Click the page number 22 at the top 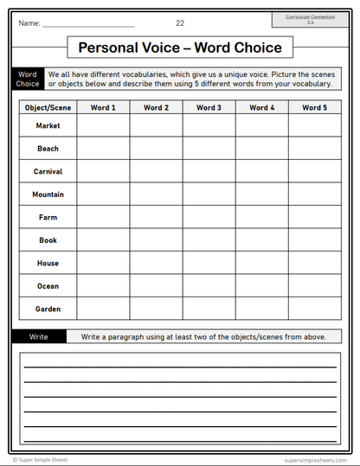tap(180, 22)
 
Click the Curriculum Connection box tap(310, 19)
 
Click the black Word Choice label tap(28, 80)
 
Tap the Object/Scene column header tap(48, 108)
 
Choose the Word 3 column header tap(209, 108)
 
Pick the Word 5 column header tap(314, 108)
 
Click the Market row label tap(48, 125)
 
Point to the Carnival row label tap(48, 171)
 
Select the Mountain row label tap(48, 195)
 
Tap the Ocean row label tap(48, 286)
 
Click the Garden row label tap(48, 309)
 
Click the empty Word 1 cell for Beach tap(103, 149)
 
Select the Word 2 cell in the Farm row tap(156, 217)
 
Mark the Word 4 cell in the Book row tap(261, 240)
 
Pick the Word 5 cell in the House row tap(314, 263)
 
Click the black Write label tap(38, 336)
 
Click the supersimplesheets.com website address tap(312, 460)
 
